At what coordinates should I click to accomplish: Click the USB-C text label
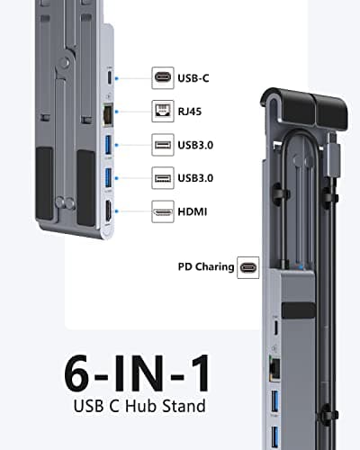[x=193, y=78]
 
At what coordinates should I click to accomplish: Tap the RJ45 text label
[x=190, y=112]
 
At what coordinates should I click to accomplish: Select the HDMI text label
[x=193, y=211]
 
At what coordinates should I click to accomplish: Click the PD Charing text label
[x=206, y=267]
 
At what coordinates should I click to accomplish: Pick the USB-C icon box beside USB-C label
[x=163, y=78]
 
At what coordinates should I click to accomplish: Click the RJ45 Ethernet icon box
[x=163, y=112]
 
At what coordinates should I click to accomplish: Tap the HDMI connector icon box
[x=163, y=211]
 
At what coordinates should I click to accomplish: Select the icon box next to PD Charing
[x=248, y=267]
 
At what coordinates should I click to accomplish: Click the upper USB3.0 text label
[x=195, y=145]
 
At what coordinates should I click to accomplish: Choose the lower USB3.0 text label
[x=195, y=178]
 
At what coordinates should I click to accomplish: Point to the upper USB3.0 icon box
[x=163, y=145]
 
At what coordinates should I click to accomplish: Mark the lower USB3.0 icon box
[x=163, y=178]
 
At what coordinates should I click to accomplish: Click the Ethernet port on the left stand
[x=108, y=114]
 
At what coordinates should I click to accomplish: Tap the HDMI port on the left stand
[x=108, y=211]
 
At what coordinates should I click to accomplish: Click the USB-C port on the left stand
[x=110, y=77]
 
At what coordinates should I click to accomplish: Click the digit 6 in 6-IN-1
[x=76, y=373]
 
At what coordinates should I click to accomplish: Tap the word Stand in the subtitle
[x=184, y=406]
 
